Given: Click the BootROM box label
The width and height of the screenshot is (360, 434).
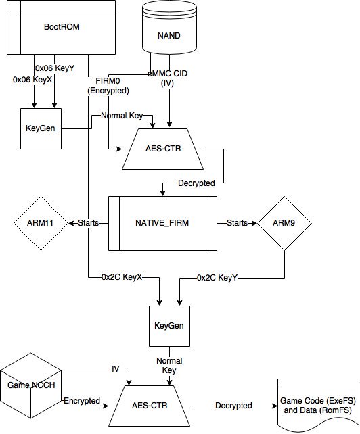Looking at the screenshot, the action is pos(62,27).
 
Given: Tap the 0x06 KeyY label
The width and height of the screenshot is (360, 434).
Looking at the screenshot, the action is pos(55,68).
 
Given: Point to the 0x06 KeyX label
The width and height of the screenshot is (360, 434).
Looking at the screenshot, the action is pos(32,80).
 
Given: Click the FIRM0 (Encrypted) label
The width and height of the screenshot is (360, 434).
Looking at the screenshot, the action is pos(108,86).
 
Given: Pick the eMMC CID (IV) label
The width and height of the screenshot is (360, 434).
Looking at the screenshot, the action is pos(167,78).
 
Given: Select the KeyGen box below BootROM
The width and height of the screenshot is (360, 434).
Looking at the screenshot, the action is pos(41,128).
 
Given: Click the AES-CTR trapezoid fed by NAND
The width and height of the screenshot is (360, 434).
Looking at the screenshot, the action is pos(162,149).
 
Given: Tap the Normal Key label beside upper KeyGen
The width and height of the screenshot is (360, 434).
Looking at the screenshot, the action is pos(122,116).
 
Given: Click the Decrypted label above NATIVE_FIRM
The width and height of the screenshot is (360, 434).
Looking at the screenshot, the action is pos(196,183).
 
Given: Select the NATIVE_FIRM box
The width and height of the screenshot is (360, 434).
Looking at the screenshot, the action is pos(162,223).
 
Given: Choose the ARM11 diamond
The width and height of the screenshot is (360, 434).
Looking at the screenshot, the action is pos(41,223).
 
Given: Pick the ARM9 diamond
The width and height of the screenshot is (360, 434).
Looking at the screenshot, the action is pos(284,223).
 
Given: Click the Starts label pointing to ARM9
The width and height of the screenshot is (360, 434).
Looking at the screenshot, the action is pos(237,223).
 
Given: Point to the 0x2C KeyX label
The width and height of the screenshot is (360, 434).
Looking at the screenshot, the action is pos(122,277).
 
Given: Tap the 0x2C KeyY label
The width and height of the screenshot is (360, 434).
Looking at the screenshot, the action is pos(217,278).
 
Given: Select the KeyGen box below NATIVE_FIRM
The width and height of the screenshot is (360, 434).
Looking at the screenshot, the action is pos(169,326).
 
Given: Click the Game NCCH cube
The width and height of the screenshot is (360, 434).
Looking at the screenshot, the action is pos(31,385).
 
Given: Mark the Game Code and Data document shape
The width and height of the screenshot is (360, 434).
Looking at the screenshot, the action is pos(318,404).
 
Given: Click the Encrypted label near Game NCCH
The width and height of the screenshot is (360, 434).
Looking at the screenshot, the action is pos(82,401).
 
